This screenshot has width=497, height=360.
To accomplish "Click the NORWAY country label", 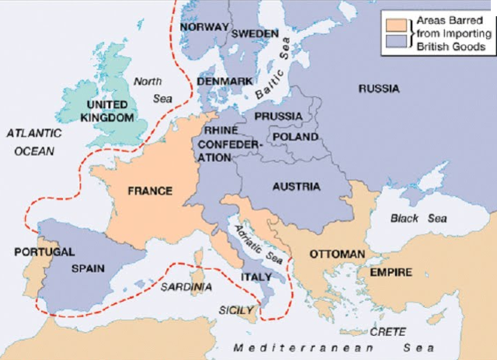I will [x=204, y=27].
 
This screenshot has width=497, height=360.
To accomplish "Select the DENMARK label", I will [x=224, y=81].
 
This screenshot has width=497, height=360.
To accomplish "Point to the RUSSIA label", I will [x=378, y=89].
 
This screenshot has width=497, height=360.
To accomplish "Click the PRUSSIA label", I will [x=277, y=116].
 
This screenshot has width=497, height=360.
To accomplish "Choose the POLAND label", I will [x=295, y=137].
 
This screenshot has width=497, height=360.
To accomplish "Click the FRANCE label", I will [x=150, y=190].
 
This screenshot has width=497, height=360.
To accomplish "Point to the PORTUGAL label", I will [x=44, y=252].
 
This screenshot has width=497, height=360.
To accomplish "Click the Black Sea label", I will [x=418, y=219].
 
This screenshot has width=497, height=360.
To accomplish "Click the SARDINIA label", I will [x=186, y=286].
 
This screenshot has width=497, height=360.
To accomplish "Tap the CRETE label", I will [x=387, y=331].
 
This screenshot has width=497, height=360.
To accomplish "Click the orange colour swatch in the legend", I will [x=390, y=23].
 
